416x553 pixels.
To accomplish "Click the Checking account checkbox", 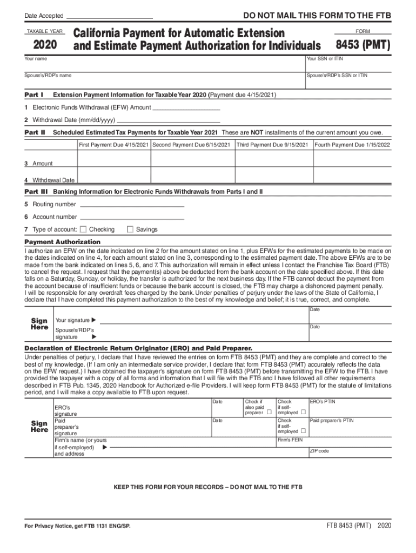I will [x=83, y=230].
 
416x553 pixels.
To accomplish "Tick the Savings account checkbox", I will [x=130, y=230].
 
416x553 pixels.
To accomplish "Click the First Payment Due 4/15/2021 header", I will [x=113, y=145].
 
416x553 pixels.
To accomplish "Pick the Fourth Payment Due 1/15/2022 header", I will [x=353, y=145].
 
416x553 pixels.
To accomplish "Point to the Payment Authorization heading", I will [x=63, y=242].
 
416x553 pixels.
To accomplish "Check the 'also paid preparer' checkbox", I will [x=268, y=413].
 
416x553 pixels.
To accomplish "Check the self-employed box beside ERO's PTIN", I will [x=303, y=413].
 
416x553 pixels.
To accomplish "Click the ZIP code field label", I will [x=319, y=450].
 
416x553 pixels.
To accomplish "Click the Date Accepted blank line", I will [x=109, y=16].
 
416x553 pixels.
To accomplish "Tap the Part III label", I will [x=36, y=192].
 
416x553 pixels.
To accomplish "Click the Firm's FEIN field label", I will [x=288, y=440].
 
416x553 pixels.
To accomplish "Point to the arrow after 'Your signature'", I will [x=94, y=321].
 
